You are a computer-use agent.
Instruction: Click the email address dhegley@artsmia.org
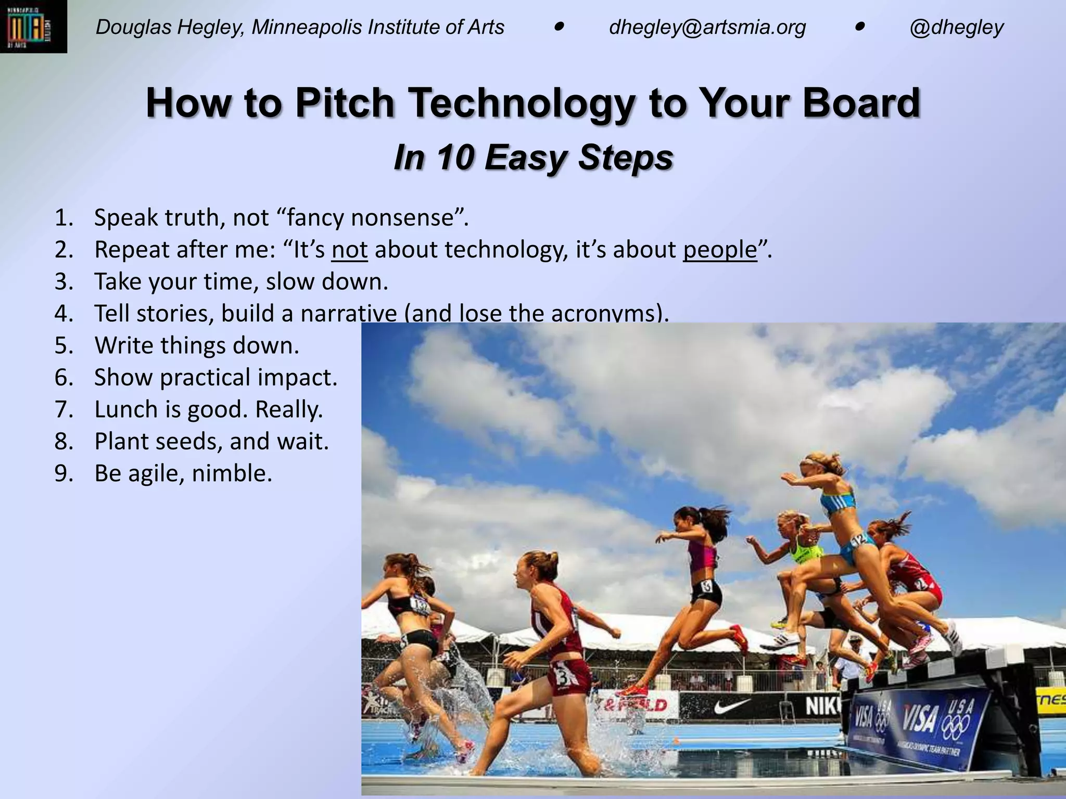[707, 27]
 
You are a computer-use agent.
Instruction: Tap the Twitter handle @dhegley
[956, 27]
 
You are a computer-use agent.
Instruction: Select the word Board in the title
[861, 102]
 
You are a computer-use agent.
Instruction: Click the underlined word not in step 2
[349, 250]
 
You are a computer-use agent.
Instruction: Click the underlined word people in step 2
[720, 250]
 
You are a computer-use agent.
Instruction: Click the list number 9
[64, 473]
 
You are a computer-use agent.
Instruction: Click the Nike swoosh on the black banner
[732, 706]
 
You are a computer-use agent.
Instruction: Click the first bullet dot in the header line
[559, 26]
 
